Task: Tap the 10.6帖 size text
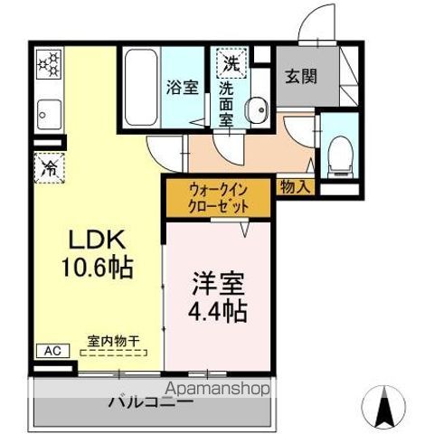click(99, 269)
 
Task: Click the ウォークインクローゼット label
click(217, 198)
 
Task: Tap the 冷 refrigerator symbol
click(48, 166)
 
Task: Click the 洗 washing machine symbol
click(231, 64)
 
